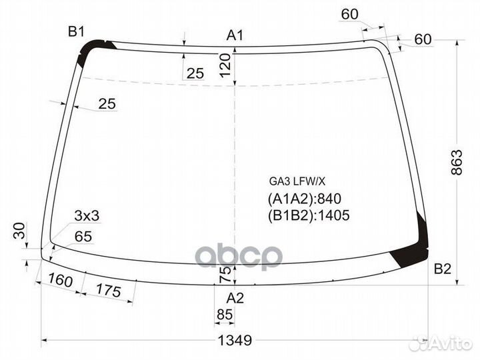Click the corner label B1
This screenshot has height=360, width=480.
point(76,31)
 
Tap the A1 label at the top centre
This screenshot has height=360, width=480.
point(235,35)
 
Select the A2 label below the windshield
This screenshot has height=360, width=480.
point(235,297)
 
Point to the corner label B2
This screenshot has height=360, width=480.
point(443,270)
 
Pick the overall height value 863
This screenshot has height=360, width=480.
point(456,163)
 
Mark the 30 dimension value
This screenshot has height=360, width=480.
point(19,231)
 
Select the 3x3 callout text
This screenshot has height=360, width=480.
point(87,215)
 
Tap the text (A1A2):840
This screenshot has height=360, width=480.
point(299,198)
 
